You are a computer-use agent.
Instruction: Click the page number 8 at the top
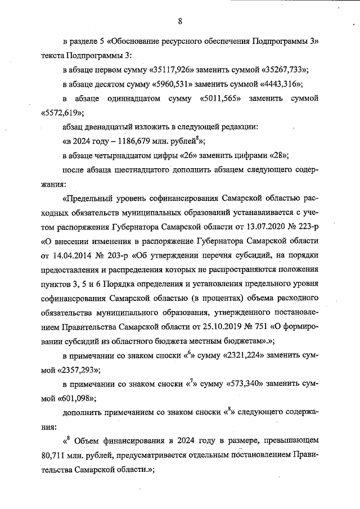180,21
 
